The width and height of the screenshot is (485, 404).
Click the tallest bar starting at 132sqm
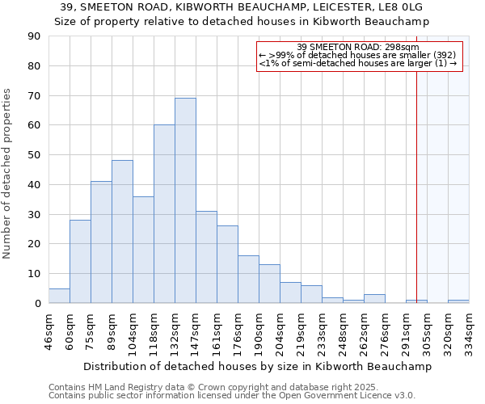pyautogui.click(x=185, y=200)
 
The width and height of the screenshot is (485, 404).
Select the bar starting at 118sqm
pyautogui.click(x=164, y=214)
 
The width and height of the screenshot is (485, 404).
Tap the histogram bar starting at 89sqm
pyautogui.click(x=122, y=232)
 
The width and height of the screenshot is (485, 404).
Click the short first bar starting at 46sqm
pyautogui.click(x=59, y=296)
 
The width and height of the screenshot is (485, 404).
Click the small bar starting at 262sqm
pyautogui.click(x=374, y=298)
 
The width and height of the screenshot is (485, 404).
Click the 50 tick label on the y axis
pyautogui.click(x=33, y=155)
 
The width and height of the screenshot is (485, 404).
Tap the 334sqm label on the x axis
pyautogui.click(x=470, y=330)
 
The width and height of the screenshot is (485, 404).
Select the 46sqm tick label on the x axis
pyautogui.click(x=49, y=330)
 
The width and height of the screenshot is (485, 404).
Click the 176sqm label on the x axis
pyautogui.click(x=238, y=330)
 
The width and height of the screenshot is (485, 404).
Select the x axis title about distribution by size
pyautogui.click(x=257, y=366)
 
